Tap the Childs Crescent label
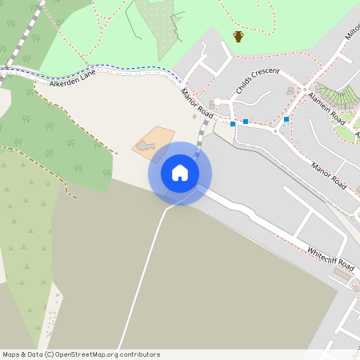(x=258, y=82)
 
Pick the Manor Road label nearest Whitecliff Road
(x=330, y=177)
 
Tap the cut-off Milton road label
(x=352, y=33)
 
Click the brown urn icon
(x=238, y=36)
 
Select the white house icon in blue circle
(x=180, y=173)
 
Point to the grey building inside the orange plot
(x=144, y=146)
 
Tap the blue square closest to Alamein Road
(x=286, y=119)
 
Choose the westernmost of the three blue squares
(x=233, y=124)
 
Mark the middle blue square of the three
(x=246, y=122)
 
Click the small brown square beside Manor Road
(x=194, y=116)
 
